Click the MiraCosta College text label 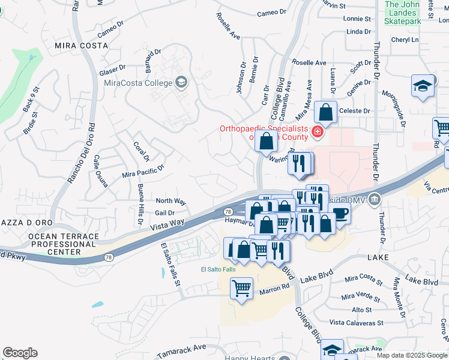(137, 83)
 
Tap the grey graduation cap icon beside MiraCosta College (181, 82)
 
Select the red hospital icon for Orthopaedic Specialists (317, 131)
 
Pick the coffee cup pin (340, 214)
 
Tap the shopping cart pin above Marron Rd (241, 289)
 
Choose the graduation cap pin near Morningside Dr (423, 86)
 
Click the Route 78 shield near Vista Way (228, 212)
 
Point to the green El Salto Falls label (218, 269)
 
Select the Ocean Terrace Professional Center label (62, 244)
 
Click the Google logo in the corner (20, 353)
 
